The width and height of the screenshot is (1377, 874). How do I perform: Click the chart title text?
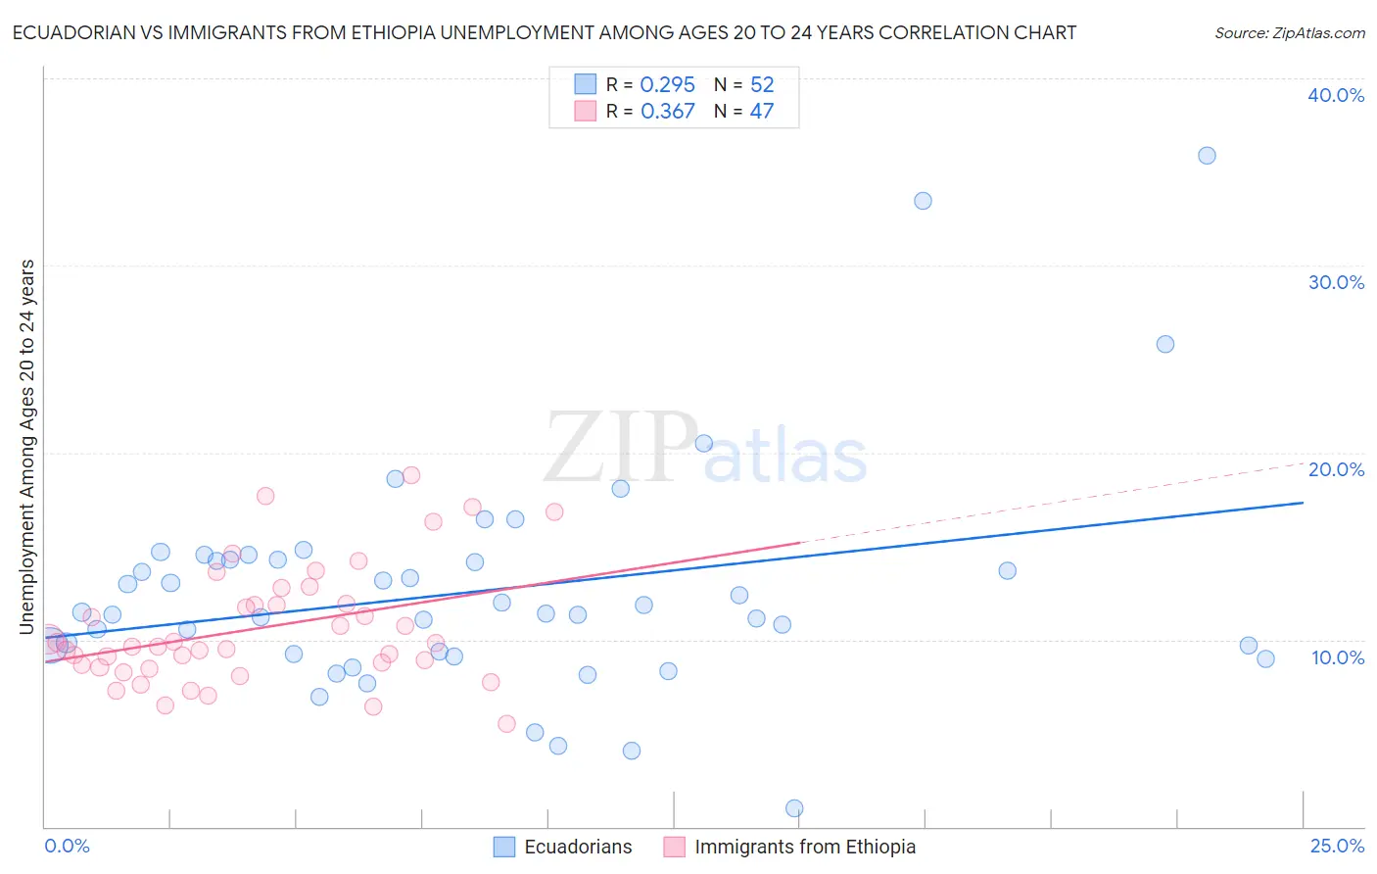point(545,33)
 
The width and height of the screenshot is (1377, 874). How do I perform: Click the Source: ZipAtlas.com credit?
point(1290,33)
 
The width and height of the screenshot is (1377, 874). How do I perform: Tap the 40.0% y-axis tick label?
point(1336,95)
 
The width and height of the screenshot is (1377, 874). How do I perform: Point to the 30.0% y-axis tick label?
point(1336,282)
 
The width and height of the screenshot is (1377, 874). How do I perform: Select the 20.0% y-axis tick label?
point(1336,469)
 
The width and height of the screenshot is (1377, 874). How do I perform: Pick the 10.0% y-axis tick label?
point(1338,657)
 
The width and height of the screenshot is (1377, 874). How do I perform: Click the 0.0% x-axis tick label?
point(67,846)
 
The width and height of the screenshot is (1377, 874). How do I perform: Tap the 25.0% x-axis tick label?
point(1337,846)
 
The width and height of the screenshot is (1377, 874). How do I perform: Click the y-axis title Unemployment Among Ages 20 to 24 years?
point(27,447)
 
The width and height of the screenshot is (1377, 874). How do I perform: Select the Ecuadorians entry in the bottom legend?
point(578,847)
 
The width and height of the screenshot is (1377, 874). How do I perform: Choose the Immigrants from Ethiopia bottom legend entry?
point(805,847)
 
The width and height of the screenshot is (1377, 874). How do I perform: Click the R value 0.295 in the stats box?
point(667,85)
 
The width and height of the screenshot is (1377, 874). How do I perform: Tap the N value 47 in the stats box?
point(761,112)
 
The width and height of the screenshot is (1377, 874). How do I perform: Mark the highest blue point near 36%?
point(1207,156)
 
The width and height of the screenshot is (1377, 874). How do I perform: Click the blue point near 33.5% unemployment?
point(923,201)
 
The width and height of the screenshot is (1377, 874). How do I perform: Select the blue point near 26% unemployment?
point(1164,344)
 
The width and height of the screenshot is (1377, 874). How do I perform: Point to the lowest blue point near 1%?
point(794,808)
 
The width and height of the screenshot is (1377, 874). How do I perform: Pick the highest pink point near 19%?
point(411,475)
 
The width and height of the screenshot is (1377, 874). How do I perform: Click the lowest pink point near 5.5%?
point(506,724)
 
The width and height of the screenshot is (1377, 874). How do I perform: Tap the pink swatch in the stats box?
point(585,111)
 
